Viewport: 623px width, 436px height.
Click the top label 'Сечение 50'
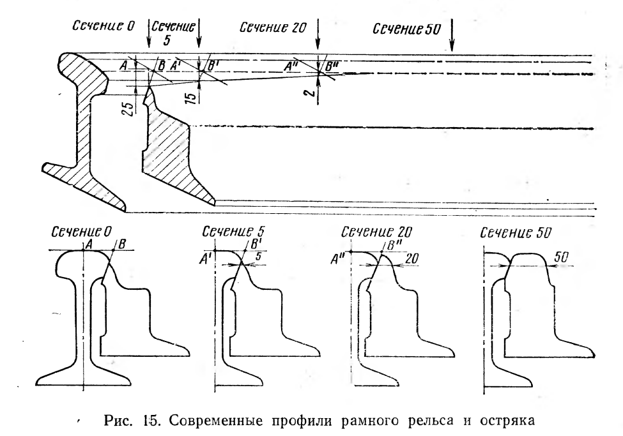(x=406, y=29)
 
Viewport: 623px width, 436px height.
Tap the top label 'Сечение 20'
(x=273, y=27)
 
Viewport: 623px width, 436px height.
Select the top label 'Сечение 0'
(x=104, y=26)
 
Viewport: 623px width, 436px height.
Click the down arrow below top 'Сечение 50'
(x=452, y=35)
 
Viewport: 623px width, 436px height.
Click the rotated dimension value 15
(x=190, y=97)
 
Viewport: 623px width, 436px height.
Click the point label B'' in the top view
(x=332, y=66)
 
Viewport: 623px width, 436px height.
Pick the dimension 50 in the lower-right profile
(x=562, y=257)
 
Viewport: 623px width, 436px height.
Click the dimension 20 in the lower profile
(x=411, y=259)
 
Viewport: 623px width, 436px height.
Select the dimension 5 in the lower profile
(x=258, y=257)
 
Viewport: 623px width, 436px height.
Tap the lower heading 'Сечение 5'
(x=233, y=232)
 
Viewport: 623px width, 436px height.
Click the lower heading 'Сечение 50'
(x=516, y=233)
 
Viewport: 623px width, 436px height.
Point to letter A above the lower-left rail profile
(x=89, y=244)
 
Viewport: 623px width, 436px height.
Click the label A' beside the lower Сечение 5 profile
(x=205, y=260)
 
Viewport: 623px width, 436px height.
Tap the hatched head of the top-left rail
(x=84, y=68)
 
